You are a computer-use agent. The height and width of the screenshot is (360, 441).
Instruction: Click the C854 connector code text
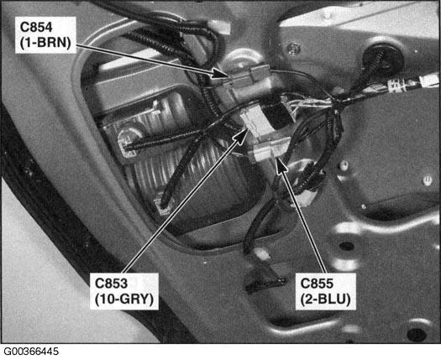click(36, 28)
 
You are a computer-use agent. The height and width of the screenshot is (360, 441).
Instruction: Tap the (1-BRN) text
click(45, 44)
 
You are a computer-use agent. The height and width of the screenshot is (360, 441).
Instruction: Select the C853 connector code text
click(111, 284)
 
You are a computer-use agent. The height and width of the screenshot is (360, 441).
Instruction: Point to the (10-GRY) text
click(124, 300)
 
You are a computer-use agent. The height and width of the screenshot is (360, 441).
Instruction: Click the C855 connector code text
click(317, 284)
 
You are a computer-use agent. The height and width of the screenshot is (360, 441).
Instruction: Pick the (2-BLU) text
click(325, 300)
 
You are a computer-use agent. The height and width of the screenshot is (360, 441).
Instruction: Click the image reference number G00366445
click(31, 352)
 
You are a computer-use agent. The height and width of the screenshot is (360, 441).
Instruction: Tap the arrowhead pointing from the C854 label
click(221, 74)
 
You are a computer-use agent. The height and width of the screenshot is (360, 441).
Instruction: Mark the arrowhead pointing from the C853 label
click(240, 136)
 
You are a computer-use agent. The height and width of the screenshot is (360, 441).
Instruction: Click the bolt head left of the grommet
click(293, 49)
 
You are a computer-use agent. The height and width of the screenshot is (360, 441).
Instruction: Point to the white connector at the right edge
click(429, 81)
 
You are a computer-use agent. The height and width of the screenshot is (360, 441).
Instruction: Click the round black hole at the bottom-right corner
click(417, 335)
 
